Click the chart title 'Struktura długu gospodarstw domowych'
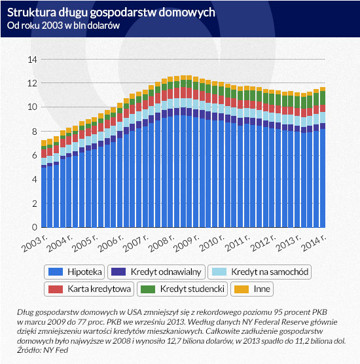[111, 12]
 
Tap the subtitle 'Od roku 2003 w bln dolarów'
[63, 26]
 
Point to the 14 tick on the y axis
[32, 60]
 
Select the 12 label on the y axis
[32, 83]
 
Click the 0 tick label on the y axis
[35, 227]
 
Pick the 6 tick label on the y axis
[35, 155]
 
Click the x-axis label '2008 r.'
[161, 243]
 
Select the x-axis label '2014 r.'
[314, 243]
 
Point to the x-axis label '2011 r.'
[238, 243]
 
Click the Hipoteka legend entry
[74, 272]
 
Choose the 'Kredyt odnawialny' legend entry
[156, 272]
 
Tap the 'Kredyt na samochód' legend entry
[259, 272]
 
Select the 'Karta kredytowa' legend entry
[89, 289]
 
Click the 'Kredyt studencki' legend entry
[182, 289]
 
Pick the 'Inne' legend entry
[252, 289]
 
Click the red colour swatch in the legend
[56, 289]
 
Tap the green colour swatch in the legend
[148, 289]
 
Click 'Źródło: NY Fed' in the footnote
[43, 350]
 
